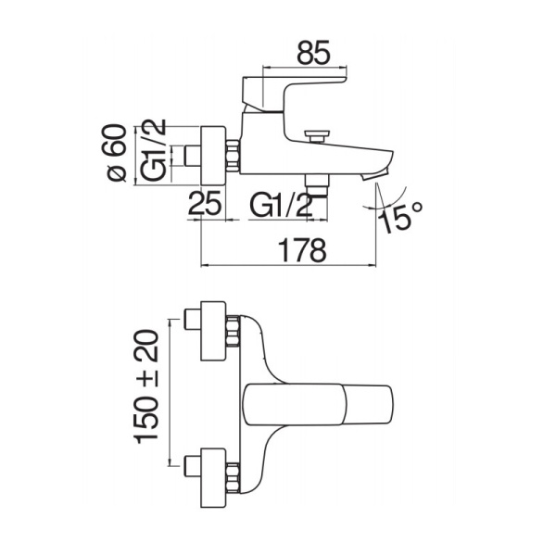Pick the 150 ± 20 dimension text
[148, 388]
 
